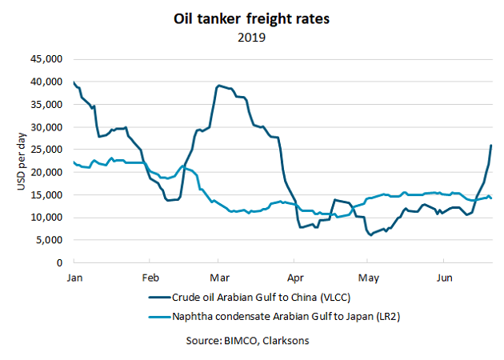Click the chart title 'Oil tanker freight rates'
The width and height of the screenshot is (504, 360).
[x=252, y=18]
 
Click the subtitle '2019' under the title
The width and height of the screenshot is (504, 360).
[x=252, y=36]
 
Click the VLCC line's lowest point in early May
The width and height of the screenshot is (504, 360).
[x=370, y=235]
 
